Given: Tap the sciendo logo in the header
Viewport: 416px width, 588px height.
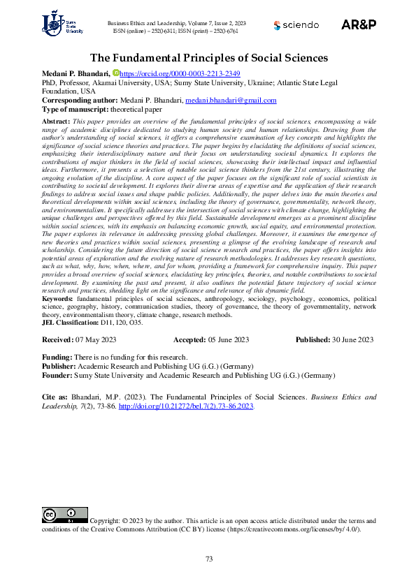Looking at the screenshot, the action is (x=295, y=25).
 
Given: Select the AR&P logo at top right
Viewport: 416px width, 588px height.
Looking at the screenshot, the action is (x=359, y=24).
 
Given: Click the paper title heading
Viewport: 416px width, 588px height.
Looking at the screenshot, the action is (x=208, y=58).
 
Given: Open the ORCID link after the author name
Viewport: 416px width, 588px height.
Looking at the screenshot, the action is (x=180, y=73).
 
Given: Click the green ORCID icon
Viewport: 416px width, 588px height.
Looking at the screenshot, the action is (x=116, y=73).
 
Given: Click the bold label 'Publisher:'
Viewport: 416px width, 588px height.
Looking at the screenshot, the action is (x=60, y=366).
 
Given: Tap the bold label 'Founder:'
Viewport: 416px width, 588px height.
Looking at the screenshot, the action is (x=59, y=375).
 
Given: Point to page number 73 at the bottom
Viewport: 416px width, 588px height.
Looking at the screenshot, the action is (x=208, y=559).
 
